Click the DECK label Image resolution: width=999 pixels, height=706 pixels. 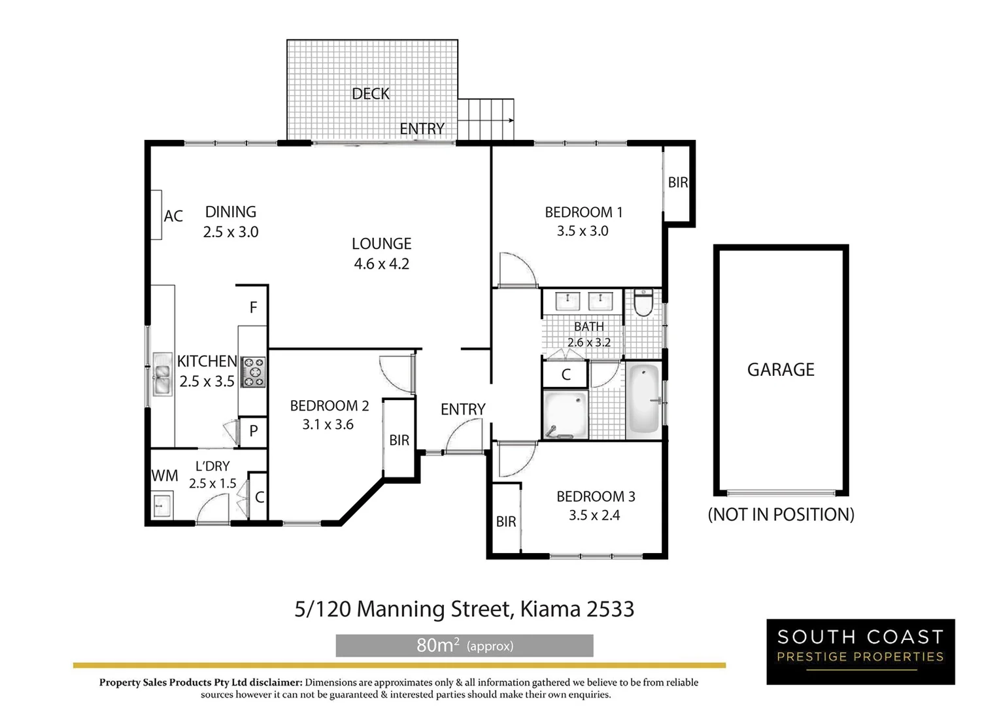click(371, 94)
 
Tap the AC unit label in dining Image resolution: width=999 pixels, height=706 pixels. click(173, 216)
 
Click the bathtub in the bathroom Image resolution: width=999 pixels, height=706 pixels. click(643, 401)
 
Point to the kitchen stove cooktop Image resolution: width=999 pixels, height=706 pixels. click(253, 373)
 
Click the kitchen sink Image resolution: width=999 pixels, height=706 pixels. click(161, 375)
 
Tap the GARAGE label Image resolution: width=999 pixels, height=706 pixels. click(781, 370)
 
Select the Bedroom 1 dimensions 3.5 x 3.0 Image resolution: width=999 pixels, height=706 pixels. click(583, 231)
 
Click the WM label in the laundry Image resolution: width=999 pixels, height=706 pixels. click(165, 476)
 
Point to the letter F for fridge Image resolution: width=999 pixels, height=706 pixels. click(254, 307)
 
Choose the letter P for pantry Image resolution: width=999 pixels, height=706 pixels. click(254, 431)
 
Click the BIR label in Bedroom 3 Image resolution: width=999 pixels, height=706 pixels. click(506, 522)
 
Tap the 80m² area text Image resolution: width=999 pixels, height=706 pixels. click(437, 646)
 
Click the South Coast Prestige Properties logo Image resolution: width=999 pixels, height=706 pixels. click(860, 652)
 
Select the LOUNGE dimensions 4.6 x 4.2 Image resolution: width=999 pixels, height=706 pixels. click(382, 264)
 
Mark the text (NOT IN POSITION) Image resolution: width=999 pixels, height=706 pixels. click(781, 515)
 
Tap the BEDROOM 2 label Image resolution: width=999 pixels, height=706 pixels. click(330, 406)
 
